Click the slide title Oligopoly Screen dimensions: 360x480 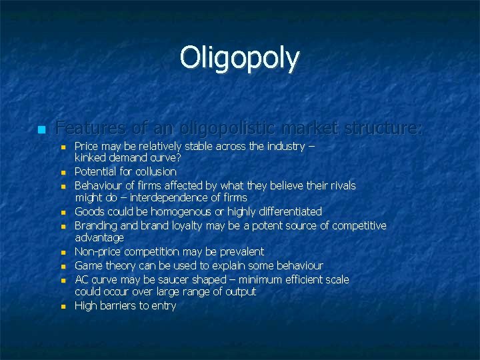(239, 58)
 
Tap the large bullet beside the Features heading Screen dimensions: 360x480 (41, 129)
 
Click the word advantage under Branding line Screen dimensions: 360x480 (99, 238)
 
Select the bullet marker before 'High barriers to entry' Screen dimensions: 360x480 (62, 307)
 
